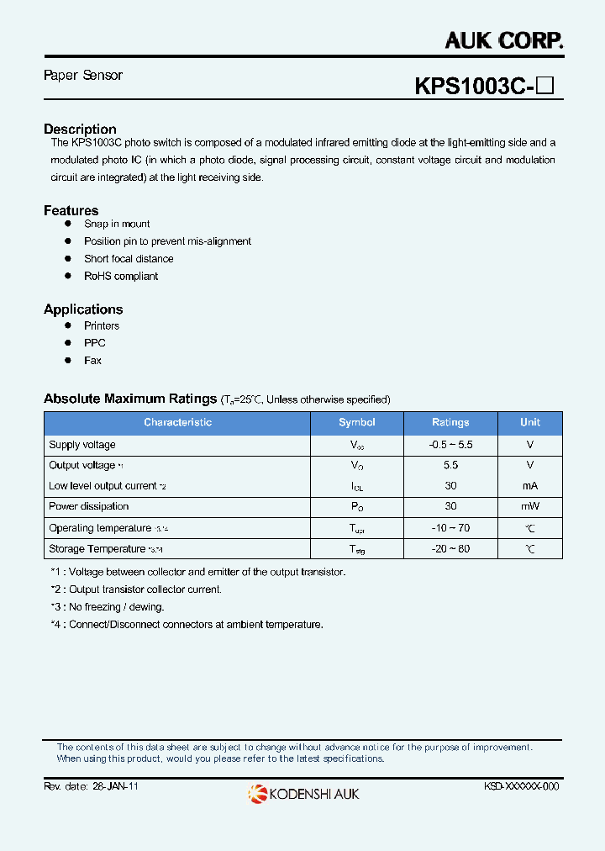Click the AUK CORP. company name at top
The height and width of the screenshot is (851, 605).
pos(503,40)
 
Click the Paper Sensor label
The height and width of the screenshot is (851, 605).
pos(83,76)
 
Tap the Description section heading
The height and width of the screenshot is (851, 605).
pos(80,129)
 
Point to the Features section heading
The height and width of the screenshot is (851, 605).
pos(71,211)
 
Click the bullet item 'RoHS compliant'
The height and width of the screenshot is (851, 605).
pos(120,276)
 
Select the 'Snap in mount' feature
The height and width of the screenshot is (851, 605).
pos(117,224)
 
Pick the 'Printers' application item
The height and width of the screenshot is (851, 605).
pos(102,325)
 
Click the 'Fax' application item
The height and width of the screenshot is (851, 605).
pos(92,360)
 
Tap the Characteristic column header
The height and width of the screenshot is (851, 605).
pos(177,422)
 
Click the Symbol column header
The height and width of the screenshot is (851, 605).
pos(357,422)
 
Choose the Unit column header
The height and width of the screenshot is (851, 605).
pos(530,422)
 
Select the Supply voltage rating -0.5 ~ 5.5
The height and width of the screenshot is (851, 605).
pos(450,445)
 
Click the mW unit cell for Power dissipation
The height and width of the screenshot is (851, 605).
pos(530,506)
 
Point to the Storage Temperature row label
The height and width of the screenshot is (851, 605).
pos(97,549)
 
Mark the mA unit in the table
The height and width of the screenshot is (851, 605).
pos(530,486)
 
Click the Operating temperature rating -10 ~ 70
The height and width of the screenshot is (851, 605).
pos(450,528)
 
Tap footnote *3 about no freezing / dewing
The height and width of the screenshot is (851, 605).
pos(107,607)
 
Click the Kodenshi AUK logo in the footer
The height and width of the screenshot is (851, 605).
pos(303,793)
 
